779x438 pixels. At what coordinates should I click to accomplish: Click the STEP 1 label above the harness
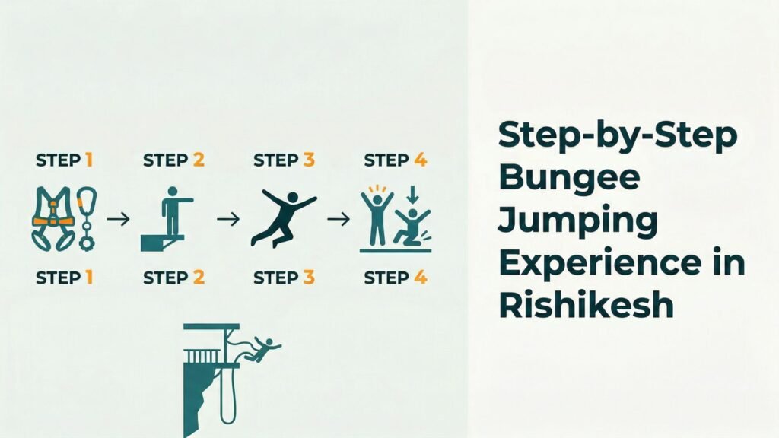65,160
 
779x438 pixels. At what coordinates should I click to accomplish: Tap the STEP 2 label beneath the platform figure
173,278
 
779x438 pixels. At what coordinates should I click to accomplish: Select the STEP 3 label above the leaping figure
284,160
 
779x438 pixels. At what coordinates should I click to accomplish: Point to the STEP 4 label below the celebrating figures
396,278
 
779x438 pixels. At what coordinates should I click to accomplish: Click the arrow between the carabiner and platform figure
118,219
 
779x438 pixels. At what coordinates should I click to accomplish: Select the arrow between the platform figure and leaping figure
227,219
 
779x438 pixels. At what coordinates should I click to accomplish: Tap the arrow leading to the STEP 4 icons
339,219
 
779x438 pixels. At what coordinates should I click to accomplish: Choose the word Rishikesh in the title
587,303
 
